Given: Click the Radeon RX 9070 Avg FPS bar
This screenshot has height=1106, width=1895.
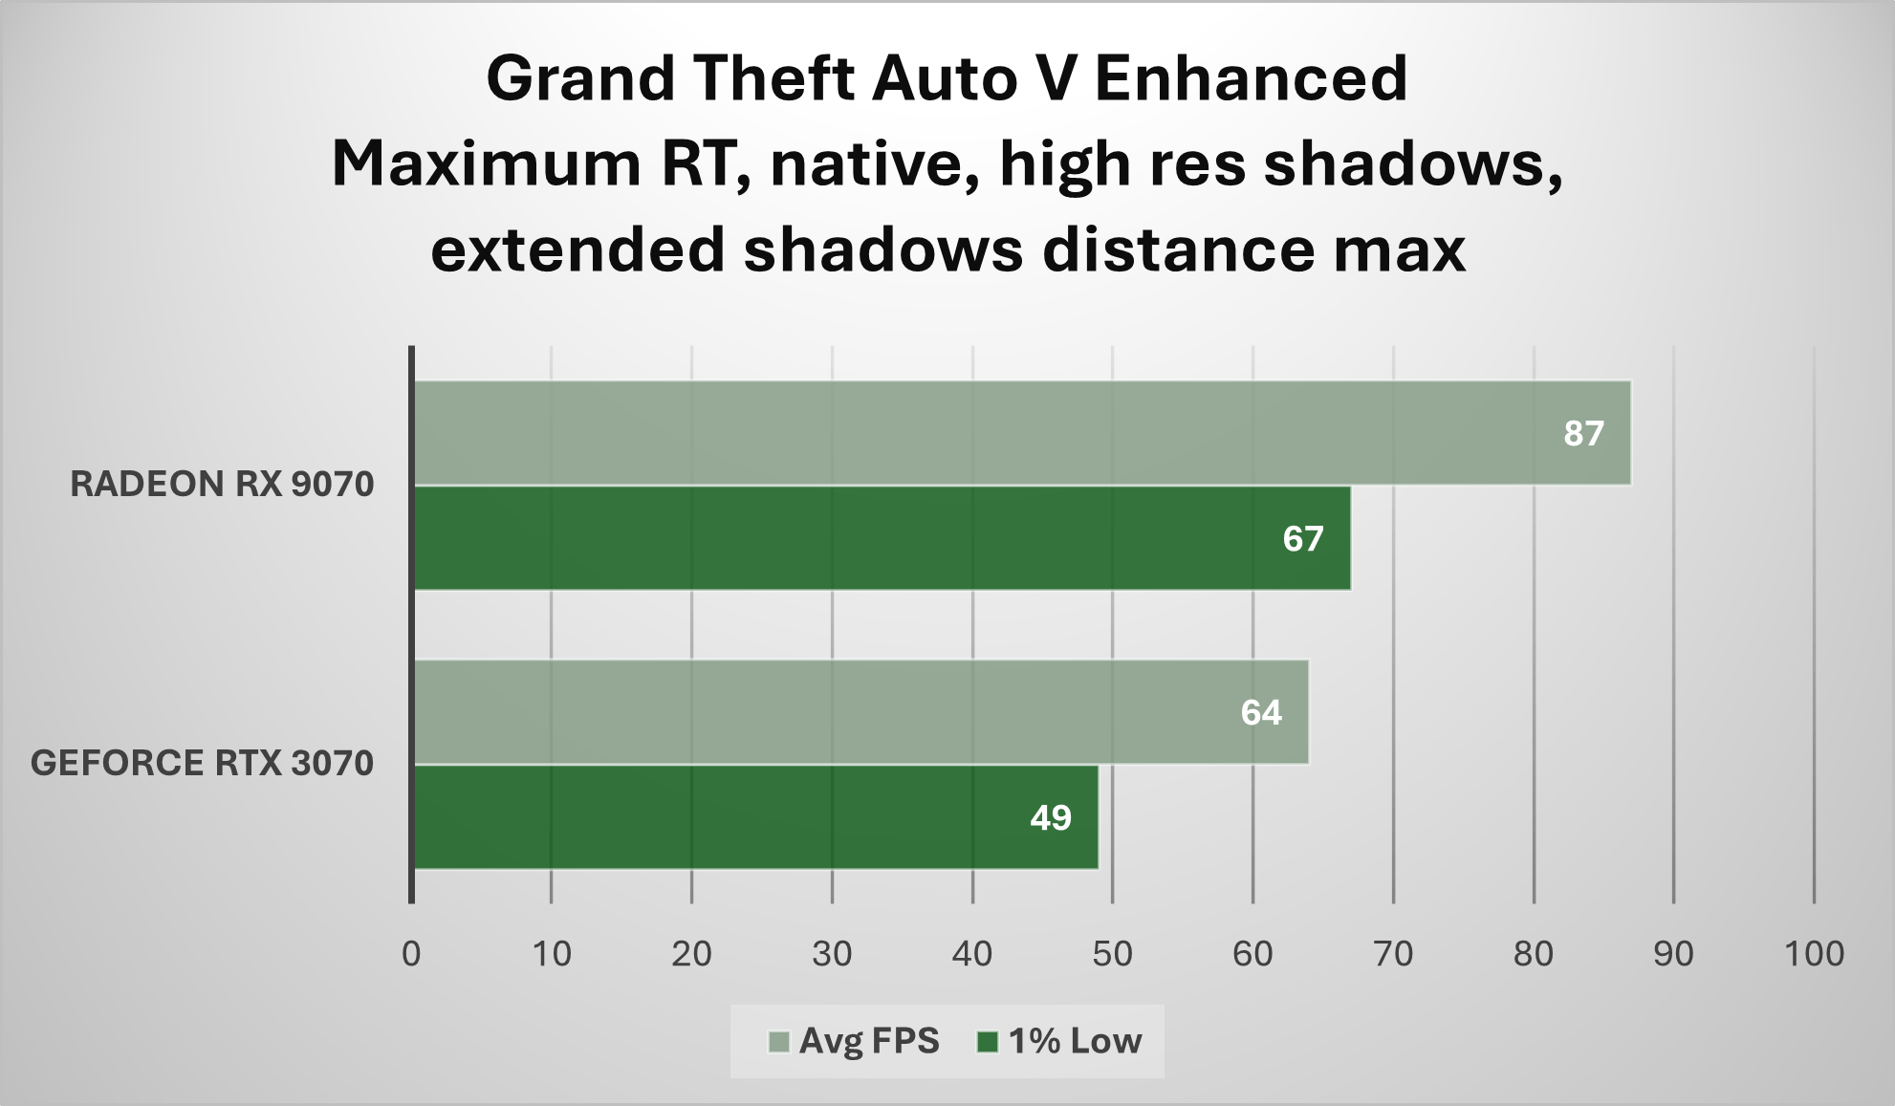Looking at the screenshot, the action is pos(1022,433).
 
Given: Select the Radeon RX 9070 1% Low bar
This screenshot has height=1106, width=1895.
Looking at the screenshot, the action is pos(882,538).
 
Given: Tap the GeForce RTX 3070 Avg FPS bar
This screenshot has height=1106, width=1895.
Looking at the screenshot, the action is pos(861,712).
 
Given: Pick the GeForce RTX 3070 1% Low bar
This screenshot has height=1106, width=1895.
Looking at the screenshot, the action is pos(756,817).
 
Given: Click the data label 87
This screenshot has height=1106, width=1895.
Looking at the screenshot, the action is pos(1583,433).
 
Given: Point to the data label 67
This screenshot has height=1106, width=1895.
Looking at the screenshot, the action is pos(1303,539).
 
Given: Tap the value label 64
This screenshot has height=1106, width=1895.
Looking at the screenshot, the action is pos(1261,712).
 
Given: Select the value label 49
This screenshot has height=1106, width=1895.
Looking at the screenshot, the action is pos(1051,817).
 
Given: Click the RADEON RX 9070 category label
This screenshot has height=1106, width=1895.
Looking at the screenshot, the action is pos(222,484).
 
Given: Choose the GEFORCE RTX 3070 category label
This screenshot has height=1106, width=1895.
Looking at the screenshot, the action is pos(202,763).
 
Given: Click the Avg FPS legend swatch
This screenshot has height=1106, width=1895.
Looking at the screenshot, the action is pos(779,1041).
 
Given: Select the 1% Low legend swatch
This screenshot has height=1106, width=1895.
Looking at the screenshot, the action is pos(988,1041).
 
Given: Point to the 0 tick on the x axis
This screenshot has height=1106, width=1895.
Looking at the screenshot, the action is pos(411,953).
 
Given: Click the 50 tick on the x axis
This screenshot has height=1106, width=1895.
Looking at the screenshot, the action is pos(1113,953).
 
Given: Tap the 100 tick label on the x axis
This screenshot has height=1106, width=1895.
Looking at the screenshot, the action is pos(1815,953).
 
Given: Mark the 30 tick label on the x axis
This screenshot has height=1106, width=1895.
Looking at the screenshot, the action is pos(832,953).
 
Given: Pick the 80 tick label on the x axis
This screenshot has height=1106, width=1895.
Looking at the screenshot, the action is pos(1534,953).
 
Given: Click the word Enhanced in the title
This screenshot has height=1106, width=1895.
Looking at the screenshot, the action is pos(1251,77).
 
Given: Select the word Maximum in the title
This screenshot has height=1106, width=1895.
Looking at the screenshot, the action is pos(487,163).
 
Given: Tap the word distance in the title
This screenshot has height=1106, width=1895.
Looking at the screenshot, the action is pos(1178,249).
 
